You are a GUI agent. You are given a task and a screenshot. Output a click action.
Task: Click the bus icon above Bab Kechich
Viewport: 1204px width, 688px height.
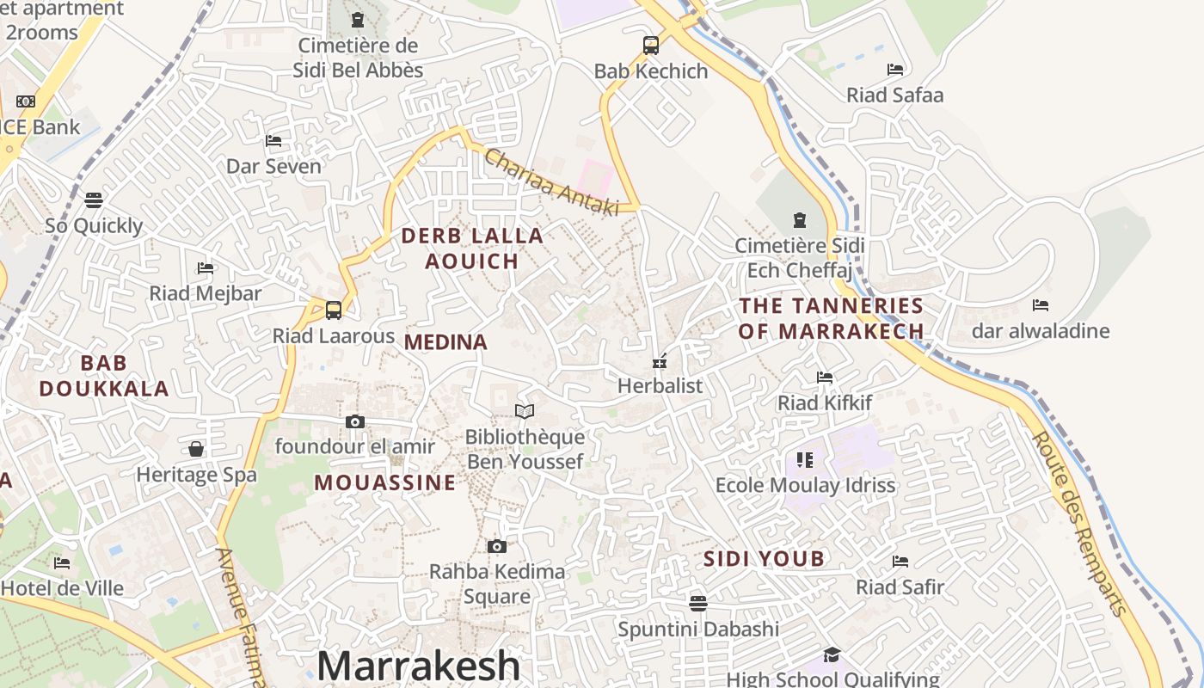click(651, 46)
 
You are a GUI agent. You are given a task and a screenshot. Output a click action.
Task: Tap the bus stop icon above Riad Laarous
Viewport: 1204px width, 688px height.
click(334, 310)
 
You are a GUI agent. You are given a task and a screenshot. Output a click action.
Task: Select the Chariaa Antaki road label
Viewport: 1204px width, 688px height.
click(551, 182)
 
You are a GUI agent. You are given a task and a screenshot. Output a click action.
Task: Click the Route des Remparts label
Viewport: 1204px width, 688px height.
click(1079, 524)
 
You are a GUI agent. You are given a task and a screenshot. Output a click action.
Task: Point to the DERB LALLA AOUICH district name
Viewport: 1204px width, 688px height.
click(472, 249)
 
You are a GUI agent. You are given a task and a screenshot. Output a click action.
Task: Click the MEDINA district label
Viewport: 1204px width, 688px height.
click(445, 342)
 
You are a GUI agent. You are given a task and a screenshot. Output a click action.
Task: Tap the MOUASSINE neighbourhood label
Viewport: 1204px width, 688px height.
click(385, 482)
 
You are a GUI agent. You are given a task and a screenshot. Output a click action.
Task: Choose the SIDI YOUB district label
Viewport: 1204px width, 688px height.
click(764, 559)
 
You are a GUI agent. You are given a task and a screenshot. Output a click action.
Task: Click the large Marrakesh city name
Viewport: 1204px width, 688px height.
click(419, 666)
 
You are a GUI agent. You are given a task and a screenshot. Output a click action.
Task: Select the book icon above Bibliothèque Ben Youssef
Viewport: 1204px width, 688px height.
click(525, 412)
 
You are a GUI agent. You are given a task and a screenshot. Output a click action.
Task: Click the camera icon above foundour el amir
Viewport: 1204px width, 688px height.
click(355, 421)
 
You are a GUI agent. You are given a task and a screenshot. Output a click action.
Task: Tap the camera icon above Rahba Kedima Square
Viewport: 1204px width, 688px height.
click(496, 546)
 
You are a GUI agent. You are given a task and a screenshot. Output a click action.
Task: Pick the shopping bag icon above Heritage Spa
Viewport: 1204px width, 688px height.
click(196, 449)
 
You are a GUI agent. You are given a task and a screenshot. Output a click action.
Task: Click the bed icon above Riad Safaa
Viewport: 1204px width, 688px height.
click(895, 70)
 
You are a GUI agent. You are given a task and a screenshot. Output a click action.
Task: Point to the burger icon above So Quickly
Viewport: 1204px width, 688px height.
click(94, 200)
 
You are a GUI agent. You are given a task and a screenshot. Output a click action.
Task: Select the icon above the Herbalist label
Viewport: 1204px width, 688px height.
click(660, 361)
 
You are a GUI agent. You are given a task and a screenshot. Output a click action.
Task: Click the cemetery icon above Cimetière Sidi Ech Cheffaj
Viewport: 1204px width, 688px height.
click(800, 220)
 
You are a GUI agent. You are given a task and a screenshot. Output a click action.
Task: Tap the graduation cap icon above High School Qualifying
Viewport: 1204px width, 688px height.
click(831, 655)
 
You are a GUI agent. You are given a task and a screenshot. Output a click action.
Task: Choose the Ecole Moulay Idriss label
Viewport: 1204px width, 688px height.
click(806, 485)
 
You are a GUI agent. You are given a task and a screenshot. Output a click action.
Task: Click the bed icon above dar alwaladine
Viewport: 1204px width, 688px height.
click(1041, 305)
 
